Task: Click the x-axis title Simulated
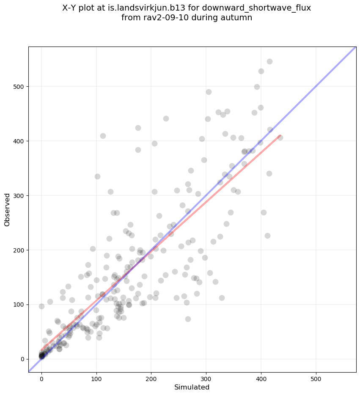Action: (x=192, y=387)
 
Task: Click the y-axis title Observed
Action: (x=7, y=210)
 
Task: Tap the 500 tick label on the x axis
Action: (x=316, y=376)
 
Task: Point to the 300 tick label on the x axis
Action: (x=206, y=376)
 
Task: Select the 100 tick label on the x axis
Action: (x=96, y=376)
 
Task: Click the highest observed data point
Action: (x=269, y=61)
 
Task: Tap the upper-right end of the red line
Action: (x=280, y=136)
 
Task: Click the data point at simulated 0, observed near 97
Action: (x=41, y=306)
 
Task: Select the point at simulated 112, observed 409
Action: (x=103, y=136)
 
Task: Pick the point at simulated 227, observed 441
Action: (x=166, y=118)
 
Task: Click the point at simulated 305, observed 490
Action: (x=209, y=92)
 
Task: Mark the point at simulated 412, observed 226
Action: (x=267, y=236)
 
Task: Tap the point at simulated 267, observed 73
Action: (x=188, y=319)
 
